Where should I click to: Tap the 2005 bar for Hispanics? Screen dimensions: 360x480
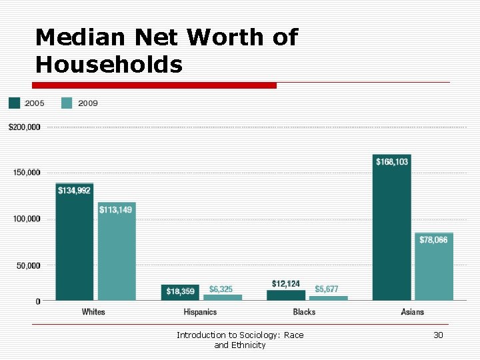[x=180, y=293]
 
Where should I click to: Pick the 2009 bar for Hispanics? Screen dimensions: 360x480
[x=223, y=297]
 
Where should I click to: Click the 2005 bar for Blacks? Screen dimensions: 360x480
[x=286, y=295]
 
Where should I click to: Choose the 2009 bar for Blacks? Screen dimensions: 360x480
[x=327, y=298]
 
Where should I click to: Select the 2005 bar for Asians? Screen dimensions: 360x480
[x=391, y=227]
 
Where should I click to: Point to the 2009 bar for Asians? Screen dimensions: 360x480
[x=434, y=267]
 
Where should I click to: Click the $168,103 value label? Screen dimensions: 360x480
[x=392, y=162]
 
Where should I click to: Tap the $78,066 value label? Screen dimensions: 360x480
[x=433, y=240]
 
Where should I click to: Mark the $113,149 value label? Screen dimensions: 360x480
[x=116, y=210]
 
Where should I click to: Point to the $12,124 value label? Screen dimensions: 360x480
[x=285, y=284]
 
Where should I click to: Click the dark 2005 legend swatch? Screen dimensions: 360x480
[x=14, y=103]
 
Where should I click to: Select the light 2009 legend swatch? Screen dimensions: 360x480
[x=67, y=103]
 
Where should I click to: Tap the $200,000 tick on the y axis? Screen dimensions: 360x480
[x=25, y=127]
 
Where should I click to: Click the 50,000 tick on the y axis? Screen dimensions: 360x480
[x=28, y=265]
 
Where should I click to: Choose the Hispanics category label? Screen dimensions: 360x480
[x=201, y=312]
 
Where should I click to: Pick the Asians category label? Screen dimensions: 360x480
[x=412, y=312]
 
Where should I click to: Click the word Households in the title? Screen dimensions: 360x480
[x=109, y=65]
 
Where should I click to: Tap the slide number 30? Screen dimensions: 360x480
[x=438, y=335]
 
